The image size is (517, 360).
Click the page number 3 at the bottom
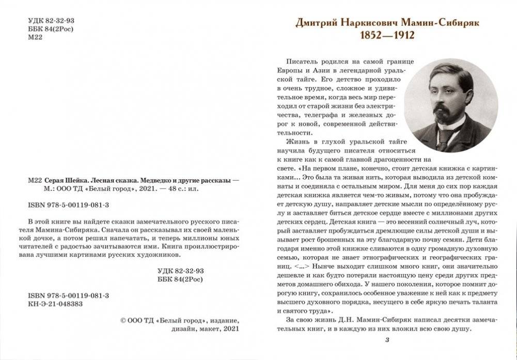pos(387,339)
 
